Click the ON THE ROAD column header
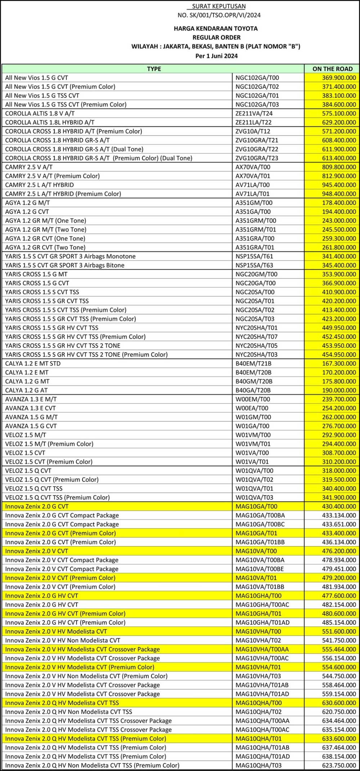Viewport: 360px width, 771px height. tap(332, 69)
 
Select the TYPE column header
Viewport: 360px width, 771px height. tap(154, 69)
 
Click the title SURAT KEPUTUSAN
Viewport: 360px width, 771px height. tap(219, 6)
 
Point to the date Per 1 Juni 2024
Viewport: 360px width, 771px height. tap(216, 56)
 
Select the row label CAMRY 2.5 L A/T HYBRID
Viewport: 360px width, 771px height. tap(40, 185)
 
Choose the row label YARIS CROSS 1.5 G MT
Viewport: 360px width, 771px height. tap(37, 274)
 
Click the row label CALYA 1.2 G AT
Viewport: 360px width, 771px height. tap(26, 390)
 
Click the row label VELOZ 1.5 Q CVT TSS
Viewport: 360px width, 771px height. tap(34, 488)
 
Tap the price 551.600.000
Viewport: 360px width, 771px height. tap(339, 631)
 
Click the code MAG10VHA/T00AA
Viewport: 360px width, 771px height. tap(262, 649)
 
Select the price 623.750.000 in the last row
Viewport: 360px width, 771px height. tap(339, 765)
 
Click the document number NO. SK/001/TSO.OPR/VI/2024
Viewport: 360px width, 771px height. tap(219, 15)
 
